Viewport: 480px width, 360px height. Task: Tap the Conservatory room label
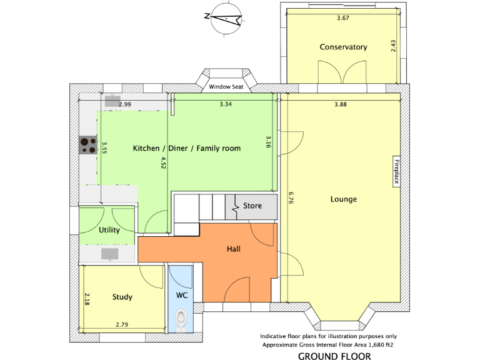tap(343, 47)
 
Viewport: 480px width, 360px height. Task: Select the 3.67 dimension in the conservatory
tap(342, 18)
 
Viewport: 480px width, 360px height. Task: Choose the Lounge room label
tap(344, 199)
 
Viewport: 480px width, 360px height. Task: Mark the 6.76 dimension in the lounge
tap(291, 198)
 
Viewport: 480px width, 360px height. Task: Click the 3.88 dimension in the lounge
tap(340, 104)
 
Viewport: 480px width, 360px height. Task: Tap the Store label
tap(252, 206)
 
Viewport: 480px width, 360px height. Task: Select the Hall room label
tap(234, 249)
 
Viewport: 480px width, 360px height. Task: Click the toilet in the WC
tap(181, 319)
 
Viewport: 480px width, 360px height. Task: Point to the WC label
tap(182, 294)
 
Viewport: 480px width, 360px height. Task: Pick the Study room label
tap(122, 297)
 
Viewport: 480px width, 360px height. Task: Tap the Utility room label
tap(109, 230)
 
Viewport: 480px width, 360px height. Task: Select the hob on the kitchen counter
tap(87, 146)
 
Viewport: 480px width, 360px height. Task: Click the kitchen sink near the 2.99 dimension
tap(112, 100)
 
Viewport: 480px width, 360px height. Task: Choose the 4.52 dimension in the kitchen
tap(164, 162)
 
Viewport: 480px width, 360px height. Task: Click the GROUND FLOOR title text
tap(334, 356)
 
